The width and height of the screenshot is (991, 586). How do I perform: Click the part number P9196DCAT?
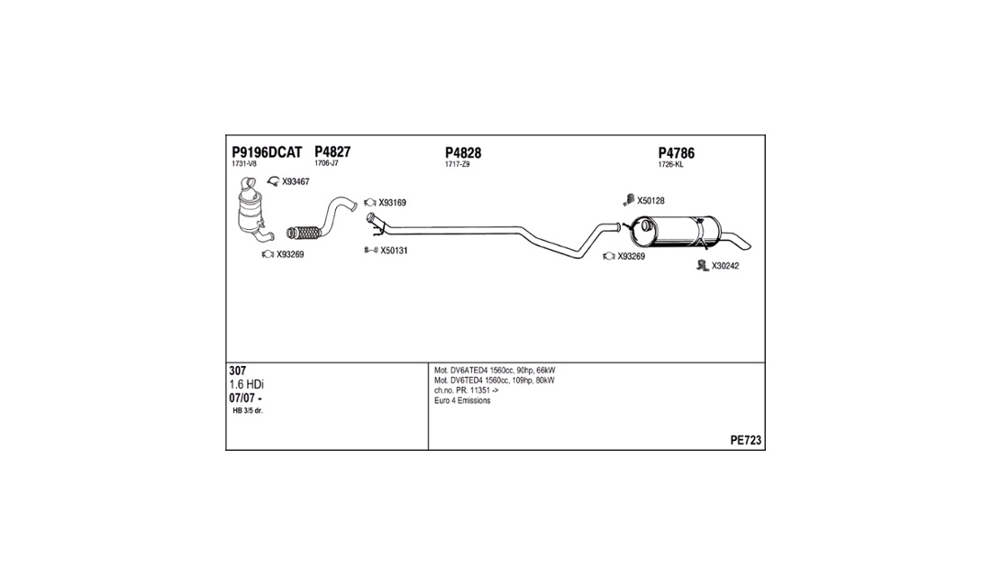267,152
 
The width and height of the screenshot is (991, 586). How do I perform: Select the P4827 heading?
332,152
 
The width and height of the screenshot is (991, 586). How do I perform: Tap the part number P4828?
463,153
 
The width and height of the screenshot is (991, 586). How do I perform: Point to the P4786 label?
676,153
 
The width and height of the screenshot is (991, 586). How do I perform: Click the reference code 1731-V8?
243,165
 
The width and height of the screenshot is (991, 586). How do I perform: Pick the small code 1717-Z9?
457,165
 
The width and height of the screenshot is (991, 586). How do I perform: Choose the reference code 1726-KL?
670,165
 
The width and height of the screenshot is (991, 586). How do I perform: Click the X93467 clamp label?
295,182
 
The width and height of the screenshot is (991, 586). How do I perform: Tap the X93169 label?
392,203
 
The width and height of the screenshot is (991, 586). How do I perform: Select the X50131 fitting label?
394,251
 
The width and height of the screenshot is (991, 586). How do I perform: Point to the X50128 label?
650,200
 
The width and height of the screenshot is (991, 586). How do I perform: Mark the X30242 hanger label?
725,266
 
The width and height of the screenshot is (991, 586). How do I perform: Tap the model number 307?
238,371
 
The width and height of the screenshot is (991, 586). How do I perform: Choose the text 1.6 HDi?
246,384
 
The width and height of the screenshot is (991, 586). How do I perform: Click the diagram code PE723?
745,441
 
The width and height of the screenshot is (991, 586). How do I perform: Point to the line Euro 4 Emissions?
462,401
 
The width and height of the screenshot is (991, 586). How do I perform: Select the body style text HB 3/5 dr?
248,411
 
